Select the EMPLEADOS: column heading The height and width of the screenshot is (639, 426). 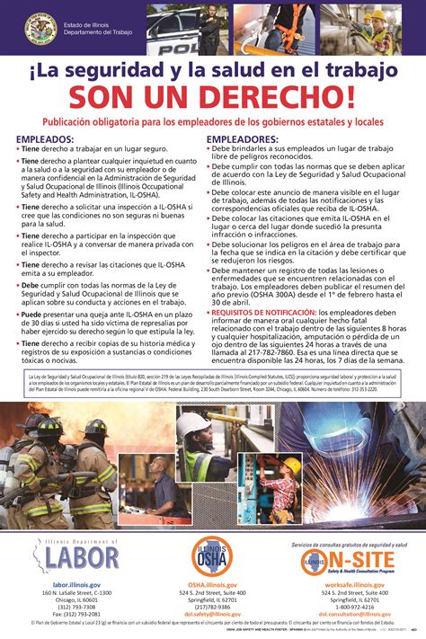pyautogui.click(x=51, y=139)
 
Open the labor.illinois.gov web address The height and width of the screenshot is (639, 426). pyautogui.click(x=75, y=585)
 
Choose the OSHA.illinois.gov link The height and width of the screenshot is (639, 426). pyautogui.click(x=213, y=585)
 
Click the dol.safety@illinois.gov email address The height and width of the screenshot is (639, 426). pyautogui.click(x=213, y=614)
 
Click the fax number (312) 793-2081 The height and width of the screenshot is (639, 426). pyautogui.click(x=75, y=614)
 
